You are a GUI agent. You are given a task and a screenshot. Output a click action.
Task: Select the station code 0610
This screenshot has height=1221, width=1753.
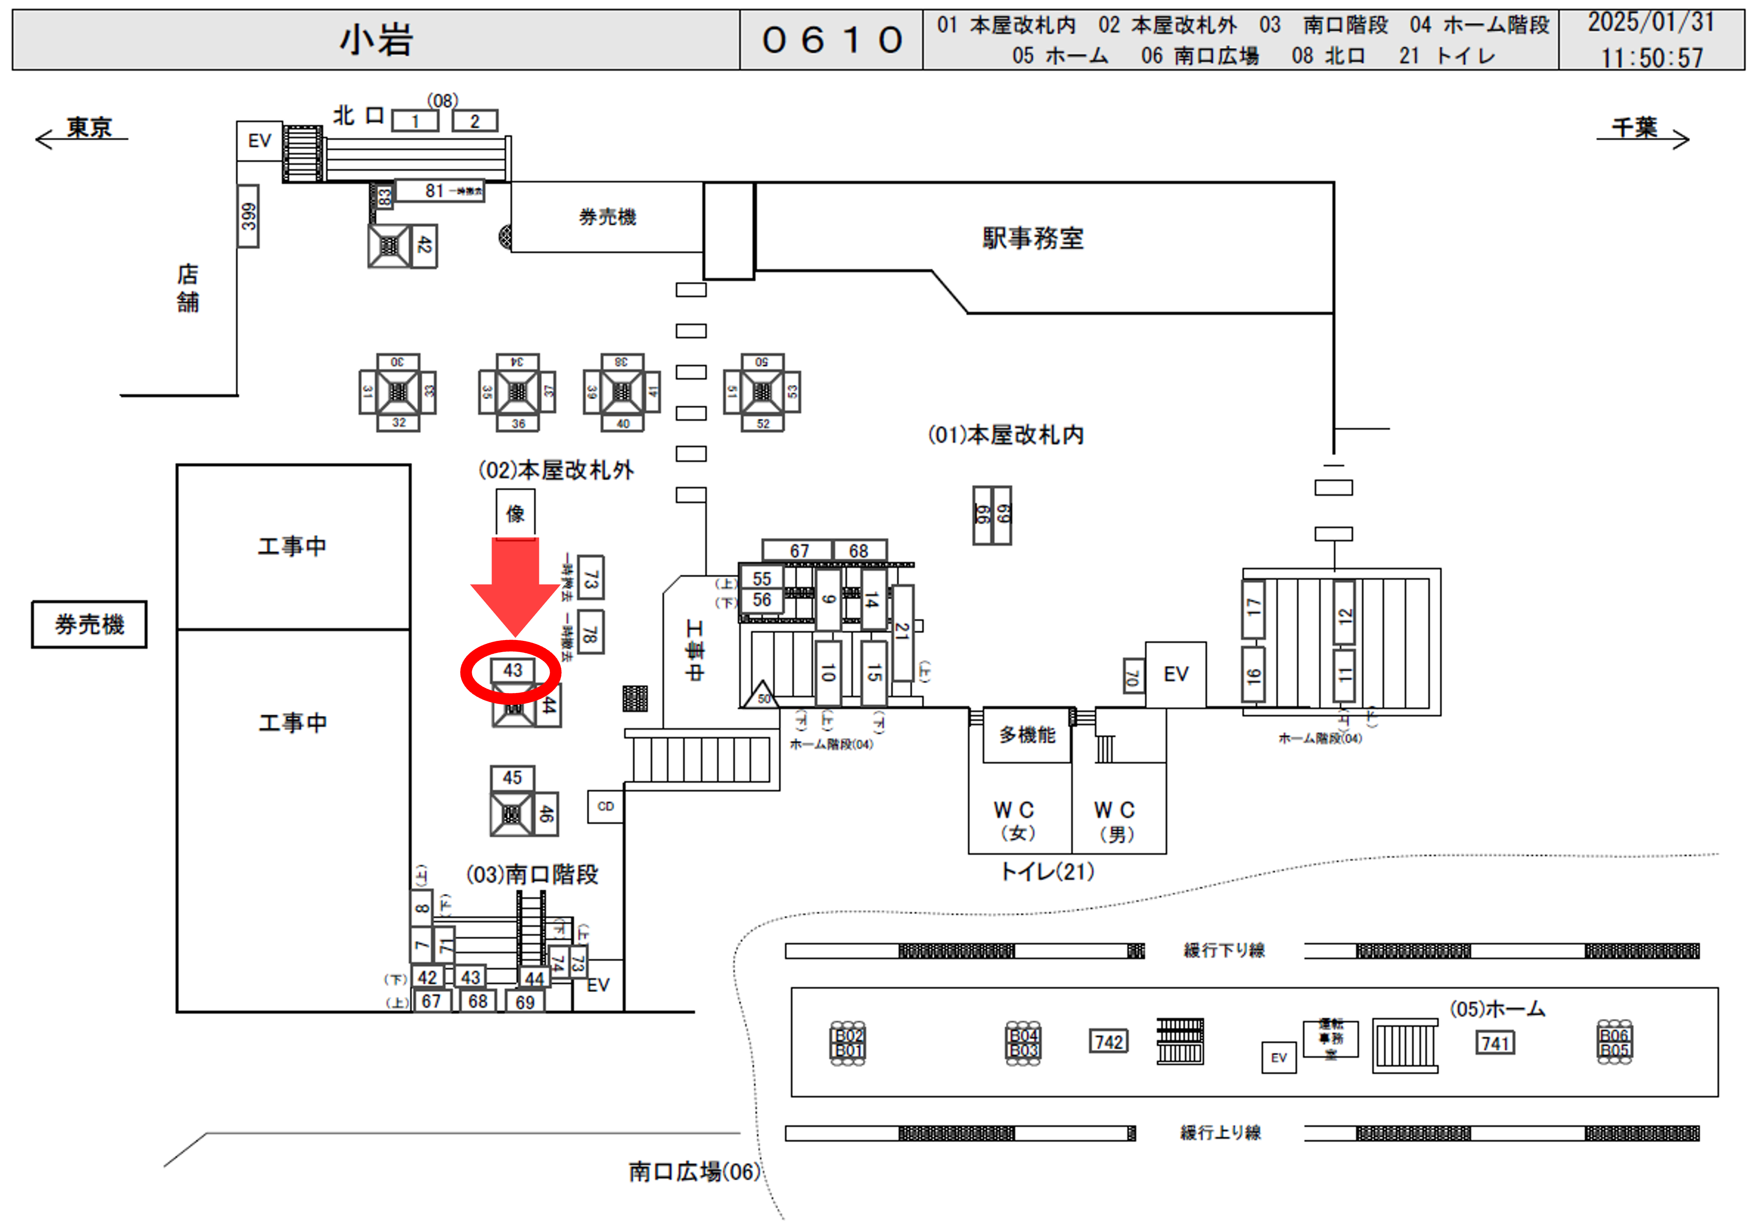(832, 40)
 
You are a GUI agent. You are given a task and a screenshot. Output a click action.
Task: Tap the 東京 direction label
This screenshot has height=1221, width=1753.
(88, 128)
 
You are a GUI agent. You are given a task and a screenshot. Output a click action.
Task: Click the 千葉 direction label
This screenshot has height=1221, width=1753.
(1635, 128)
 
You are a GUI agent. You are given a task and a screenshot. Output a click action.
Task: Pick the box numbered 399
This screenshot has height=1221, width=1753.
(248, 216)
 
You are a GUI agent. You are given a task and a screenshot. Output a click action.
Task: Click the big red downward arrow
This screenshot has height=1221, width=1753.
(515, 584)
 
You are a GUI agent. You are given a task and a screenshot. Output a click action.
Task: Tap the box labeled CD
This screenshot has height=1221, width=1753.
(605, 806)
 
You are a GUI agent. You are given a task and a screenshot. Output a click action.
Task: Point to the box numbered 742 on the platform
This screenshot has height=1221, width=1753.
(1108, 1042)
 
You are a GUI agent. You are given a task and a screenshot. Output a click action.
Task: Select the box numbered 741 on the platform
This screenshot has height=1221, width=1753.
(1495, 1043)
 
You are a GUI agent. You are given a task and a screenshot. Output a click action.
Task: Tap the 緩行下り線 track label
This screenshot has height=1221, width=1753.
(1224, 950)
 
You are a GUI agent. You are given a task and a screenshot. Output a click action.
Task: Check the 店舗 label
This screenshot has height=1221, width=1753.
(188, 288)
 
